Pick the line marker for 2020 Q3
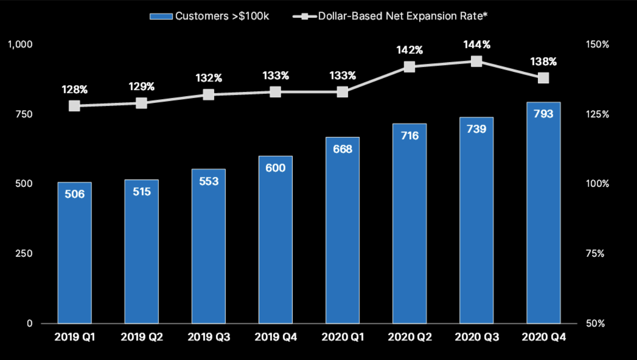point(476,61)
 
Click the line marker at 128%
point(74,106)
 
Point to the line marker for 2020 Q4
point(543,78)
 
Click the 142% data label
point(409,50)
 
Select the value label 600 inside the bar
point(275,168)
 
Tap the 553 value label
point(208,181)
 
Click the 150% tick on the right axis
point(597,44)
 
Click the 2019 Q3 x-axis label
point(208,337)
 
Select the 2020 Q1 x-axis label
point(342,337)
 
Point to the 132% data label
point(208,78)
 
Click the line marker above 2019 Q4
point(275,92)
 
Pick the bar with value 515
point(141,251)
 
